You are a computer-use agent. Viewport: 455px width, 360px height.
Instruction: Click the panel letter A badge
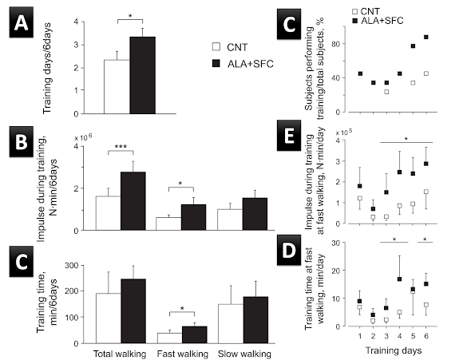(22, 22)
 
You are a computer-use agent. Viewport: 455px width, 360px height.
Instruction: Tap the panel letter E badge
(289, 135)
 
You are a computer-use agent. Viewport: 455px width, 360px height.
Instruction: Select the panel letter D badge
(289, 250)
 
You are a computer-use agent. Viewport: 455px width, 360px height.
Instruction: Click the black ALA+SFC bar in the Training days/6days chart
(142, 75)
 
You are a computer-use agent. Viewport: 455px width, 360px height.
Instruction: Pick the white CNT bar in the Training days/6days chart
(117, 87)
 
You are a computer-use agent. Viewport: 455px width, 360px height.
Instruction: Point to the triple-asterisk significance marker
(121, 147)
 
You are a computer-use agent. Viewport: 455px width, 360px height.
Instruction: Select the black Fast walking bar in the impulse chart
(193, 217)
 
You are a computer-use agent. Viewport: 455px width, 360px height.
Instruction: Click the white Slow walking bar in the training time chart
(231, 324)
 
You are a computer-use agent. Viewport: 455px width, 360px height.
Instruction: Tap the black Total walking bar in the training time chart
(133, 311)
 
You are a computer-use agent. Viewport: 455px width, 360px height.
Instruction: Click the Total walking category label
(120, 354)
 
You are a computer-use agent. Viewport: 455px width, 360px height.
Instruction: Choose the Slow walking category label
(244, 354)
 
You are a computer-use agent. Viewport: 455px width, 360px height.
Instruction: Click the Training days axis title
(394, 350)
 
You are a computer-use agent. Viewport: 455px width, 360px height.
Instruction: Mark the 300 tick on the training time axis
(73, 266)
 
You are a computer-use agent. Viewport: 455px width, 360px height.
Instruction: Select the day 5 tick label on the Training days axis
(413, 336)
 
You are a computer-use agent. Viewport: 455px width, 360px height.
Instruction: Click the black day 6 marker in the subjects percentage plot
(426, 38)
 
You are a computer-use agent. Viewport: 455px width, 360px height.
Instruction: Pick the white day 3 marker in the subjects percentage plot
(386, 92)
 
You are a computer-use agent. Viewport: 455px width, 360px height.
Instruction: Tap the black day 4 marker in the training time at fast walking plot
(400, 279)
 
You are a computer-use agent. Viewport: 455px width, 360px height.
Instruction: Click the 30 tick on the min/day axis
(337, 243)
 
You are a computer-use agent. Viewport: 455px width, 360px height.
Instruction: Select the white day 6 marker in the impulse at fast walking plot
(426, 192)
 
